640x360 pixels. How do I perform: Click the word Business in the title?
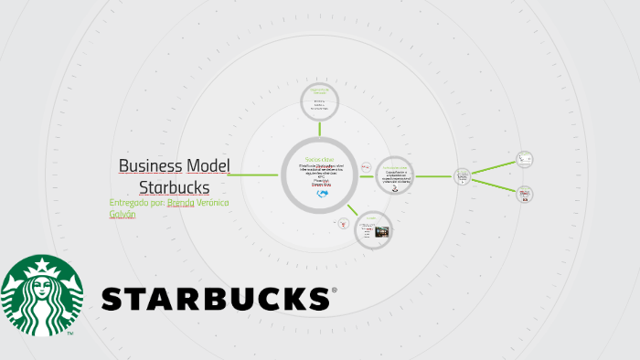(150, 166)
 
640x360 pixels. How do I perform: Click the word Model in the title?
(208, 166)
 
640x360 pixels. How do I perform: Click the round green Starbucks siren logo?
(41, 295)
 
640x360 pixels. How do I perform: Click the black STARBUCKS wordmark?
(215, 298)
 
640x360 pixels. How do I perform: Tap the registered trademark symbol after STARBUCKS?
(334, 291)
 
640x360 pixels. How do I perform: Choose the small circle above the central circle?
(319, 100)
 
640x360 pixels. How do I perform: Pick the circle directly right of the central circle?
(395, 175)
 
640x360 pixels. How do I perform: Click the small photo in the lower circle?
(381, 232)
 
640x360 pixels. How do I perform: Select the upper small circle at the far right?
(524, 159)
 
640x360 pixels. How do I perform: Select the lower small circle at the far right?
(525, 194)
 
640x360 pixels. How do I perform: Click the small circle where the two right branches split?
(463, 175)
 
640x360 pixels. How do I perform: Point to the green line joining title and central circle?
(256, 175)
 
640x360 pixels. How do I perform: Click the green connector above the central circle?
(319, 128)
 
